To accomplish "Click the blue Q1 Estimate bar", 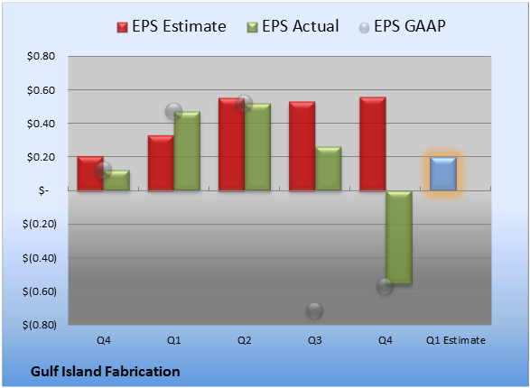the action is coord(443,174).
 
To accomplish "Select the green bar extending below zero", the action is coord(399,237).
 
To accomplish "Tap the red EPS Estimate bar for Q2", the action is coord(231,144).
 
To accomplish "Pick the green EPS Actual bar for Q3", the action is coord(329,169).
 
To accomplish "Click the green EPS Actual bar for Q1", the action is coord(187,151).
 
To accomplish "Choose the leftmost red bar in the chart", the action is coord(90,173).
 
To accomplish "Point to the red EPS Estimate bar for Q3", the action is coord(302,146).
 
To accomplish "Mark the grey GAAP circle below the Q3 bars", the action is coord(315,310).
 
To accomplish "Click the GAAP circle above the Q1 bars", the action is coord(173,111).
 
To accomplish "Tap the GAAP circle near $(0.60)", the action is coord(385,287).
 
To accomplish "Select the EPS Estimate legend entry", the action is coord(172,26).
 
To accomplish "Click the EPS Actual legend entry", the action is coord(293,26).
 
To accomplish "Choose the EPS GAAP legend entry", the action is coord(402,26).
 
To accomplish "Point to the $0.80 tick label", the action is coord(41,56).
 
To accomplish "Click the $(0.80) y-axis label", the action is coord(39,325).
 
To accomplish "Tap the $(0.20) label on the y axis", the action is coord(39,224).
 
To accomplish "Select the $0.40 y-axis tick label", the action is coord(41,124).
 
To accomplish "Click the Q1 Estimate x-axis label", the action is coord(456,340).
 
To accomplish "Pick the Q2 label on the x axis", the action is coord(245,340).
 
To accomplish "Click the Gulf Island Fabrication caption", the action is coord(105,372).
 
